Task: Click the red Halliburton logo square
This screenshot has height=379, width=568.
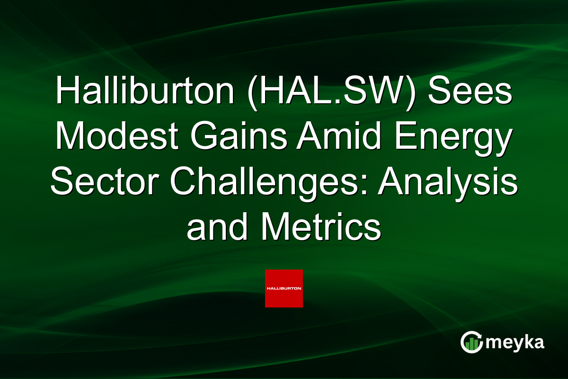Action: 284,289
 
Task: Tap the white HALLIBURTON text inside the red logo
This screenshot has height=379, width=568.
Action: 284,288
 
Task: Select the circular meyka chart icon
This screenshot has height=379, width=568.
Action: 471,342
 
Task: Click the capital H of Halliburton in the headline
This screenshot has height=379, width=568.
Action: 65,91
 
